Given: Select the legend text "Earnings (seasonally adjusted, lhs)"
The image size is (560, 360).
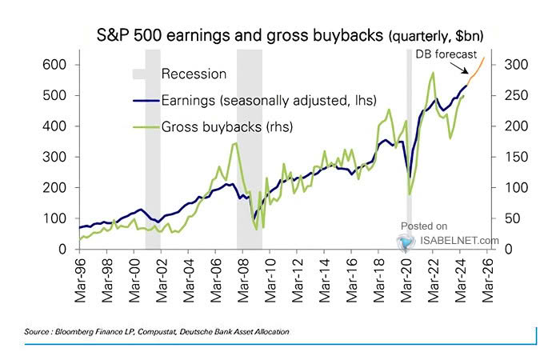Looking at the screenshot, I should pyautogui.click(x=268, y=100).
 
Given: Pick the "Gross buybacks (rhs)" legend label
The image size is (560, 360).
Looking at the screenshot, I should pyautogui.click(x=227, y=126).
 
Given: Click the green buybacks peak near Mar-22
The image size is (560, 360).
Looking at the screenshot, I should pyautogui.click(x=433, y=74).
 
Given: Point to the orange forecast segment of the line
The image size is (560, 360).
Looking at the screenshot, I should pyautogui.click(x=476, y=72).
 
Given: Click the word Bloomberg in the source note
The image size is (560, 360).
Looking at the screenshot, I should pyautogui.click(x=71, y=330).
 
